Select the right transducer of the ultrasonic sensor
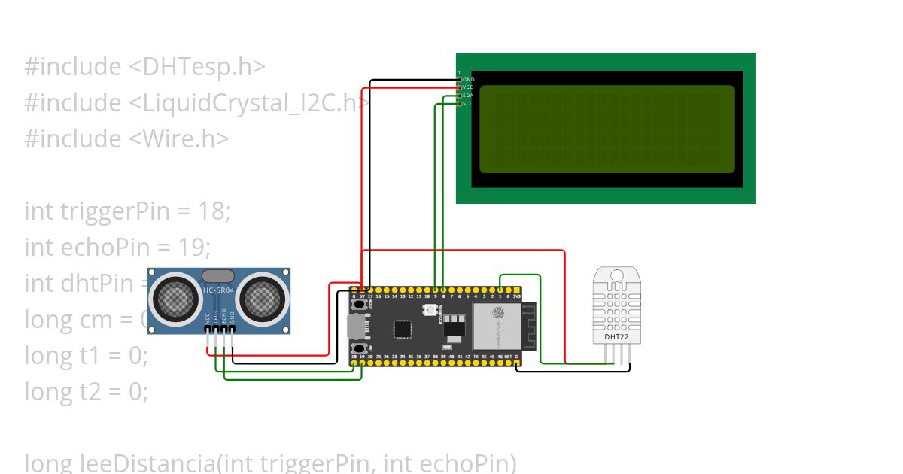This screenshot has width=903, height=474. [x=263, y=299]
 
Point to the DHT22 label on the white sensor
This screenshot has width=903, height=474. [x=616, y=336]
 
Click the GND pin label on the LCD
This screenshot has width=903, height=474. [x=468, y=79]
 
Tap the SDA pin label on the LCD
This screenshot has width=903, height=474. [x=468, y=96]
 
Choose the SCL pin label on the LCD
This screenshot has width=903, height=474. [x=468, y=104]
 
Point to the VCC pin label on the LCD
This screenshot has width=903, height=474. [x=468, y=87]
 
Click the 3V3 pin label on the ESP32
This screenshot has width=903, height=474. [x=517, y=297]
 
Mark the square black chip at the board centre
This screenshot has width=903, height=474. [x=403, y=328]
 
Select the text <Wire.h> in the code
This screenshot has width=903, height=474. [x=179, y=139]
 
